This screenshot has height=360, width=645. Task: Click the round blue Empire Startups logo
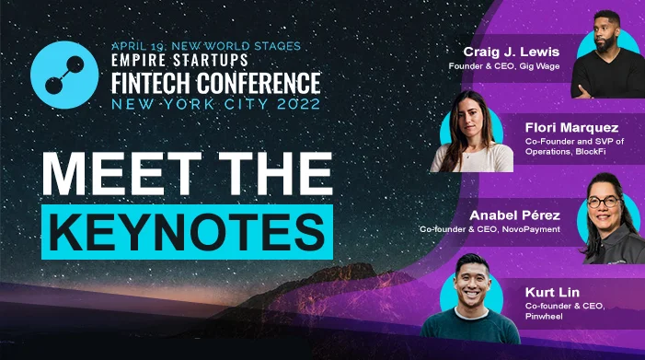coord(64,75)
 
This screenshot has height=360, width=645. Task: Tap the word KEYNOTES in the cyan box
coord(187,232)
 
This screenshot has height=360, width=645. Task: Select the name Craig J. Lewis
coord(512,52)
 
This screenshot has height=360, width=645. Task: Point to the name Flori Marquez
coord(571,128)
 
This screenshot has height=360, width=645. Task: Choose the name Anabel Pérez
coord(514,215)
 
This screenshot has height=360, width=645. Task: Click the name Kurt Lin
coord(552,292)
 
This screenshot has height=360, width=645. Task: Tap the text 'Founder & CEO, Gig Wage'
coord(504,65)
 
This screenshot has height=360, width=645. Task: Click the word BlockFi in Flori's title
coord(591,151)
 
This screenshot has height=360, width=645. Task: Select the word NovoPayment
coord(531,229)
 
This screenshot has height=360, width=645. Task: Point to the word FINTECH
coord(151,83)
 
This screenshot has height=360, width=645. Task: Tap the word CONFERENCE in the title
coord(259,83)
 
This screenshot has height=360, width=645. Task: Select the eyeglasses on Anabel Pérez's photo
coord(604,202)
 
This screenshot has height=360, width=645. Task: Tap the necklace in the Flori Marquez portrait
coord(467,154)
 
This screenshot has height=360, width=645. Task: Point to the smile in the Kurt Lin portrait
coord(472,295)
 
